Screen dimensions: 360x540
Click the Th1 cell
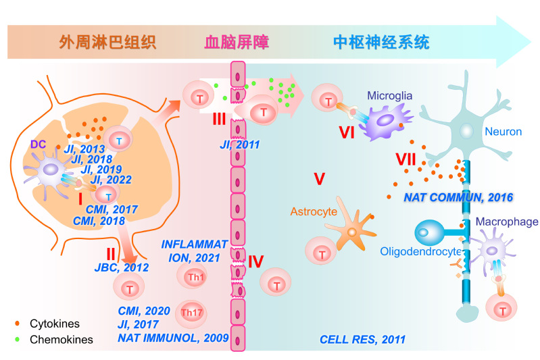(191, 276)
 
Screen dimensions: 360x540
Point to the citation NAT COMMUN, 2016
(458, 198)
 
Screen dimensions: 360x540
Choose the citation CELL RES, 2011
(362, 339)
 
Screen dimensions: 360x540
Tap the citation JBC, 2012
(122, 268)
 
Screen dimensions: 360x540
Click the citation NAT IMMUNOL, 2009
(174, 336)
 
